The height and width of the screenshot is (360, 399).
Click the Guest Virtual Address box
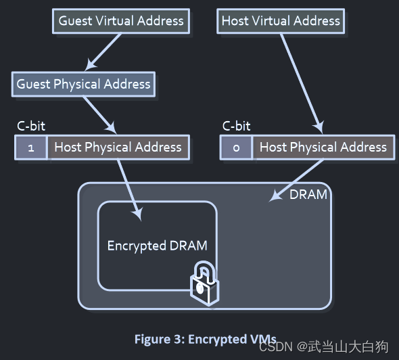pyautogui.click(x=121, y=21)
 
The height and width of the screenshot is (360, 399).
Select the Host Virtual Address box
pyautogui.click(x=281, y=21)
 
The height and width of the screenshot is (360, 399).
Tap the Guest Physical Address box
pyautogui.click(x=83, y=85)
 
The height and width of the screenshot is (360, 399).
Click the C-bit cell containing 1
pyautogui.click(x=31, y=148)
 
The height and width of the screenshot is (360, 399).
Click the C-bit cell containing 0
pyautogui.click(x=236, y=148)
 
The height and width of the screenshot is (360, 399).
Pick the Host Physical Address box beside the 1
pyautogui.click(x=118, y=148)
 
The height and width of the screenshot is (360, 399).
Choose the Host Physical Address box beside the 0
pyautogui.click(x=323, y=148)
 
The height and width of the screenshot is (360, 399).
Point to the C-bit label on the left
pyautogui.click(x=31, y=126)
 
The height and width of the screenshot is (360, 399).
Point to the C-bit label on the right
pyautogui.click(x=236, y=126)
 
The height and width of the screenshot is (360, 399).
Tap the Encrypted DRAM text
pyautogui.click(x=157, y=246)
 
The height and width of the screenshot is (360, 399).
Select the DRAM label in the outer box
pyautogui.click(x=308, y=195)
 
